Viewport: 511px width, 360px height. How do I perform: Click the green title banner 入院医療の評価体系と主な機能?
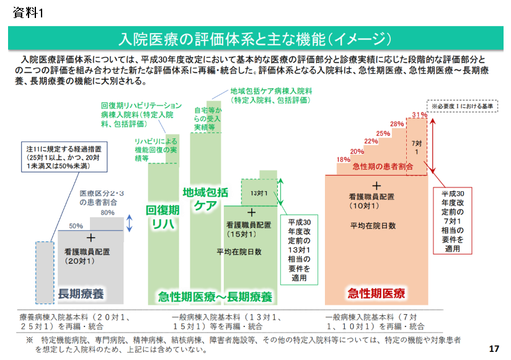(x=255, y=39)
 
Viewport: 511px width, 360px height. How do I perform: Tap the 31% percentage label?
(x=419, y=115)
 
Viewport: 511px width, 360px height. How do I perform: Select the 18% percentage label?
(x=343, y=160)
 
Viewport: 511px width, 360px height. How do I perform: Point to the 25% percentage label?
(x=383, y=133)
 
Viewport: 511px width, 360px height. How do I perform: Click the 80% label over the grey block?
(x=108, y=213)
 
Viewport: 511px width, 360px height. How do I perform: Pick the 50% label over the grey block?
(x=76, y=225)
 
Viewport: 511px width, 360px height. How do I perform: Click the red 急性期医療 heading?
(x=376, y=292)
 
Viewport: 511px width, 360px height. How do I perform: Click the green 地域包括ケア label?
(x=205, y=199)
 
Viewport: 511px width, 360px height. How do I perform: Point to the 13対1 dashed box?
(x=259, y=193)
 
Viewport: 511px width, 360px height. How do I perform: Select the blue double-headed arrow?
(x=129, y=223)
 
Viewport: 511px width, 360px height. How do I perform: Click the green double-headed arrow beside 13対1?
(x=280, y=192)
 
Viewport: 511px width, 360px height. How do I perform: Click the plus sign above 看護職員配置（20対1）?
(x=91, y=238)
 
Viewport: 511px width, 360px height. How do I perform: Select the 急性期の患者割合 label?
(x=383, y=167)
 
